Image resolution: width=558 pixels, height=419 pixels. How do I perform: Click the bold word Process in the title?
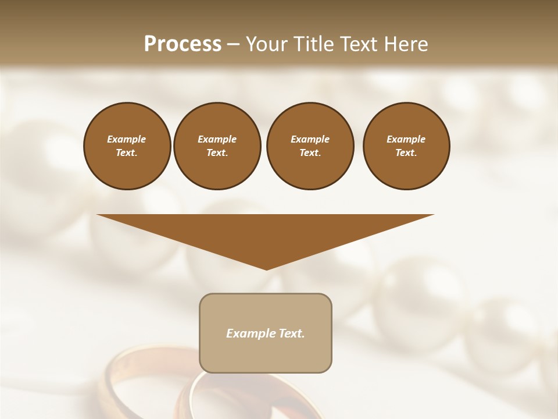point(183,44)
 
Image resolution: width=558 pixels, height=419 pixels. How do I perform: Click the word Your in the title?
point(266,44)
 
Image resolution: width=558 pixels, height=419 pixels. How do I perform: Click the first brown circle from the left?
point(127,146)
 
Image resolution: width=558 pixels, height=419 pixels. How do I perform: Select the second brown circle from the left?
point(217,146)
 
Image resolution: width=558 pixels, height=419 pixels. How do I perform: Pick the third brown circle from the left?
point(310,146)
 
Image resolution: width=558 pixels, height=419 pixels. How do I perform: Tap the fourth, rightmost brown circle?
point(406,146)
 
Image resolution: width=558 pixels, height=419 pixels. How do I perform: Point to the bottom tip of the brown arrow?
point(266,268)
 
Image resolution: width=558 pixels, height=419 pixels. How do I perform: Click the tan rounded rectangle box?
point(266,349)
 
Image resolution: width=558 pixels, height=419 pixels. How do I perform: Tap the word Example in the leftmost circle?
point(127,139)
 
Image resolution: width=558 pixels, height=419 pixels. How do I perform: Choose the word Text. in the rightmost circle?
point(406,153)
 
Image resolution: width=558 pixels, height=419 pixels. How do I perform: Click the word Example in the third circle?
point(310,139)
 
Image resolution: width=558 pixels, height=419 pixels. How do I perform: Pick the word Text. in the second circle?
point(217,153)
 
